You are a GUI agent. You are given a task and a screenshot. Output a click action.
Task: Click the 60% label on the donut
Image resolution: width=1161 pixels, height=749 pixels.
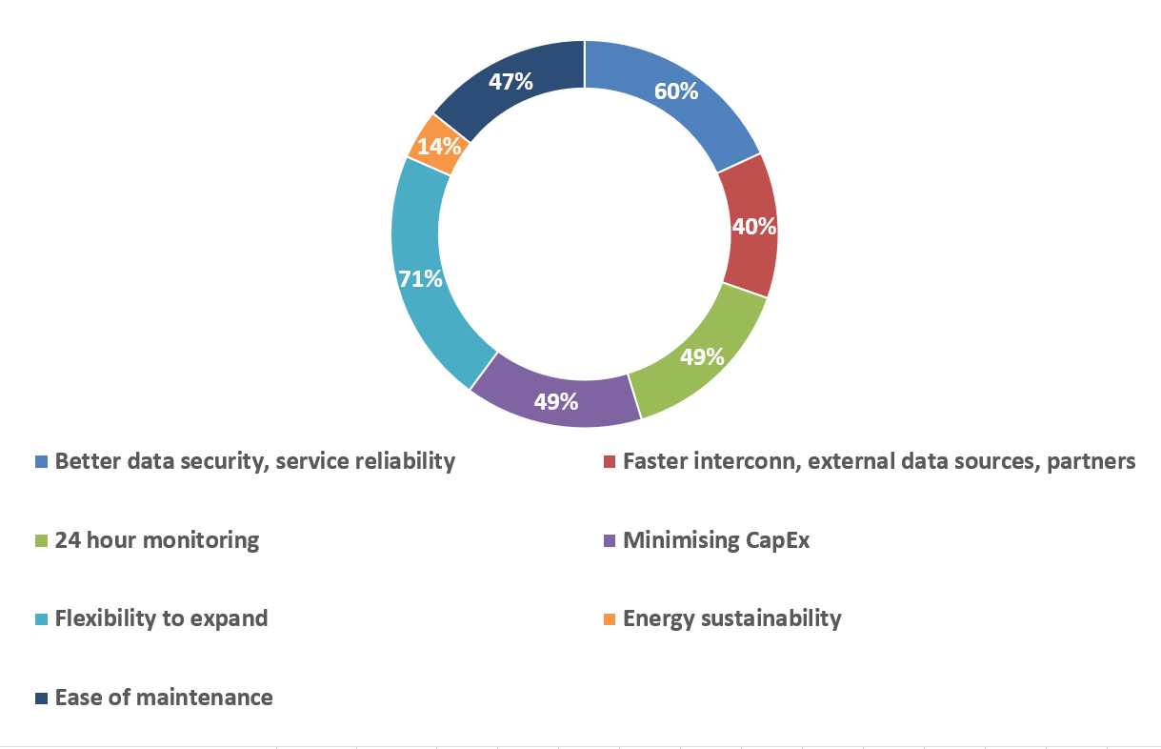676,91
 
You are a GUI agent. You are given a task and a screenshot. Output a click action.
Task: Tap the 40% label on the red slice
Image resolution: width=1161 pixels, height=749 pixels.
753,227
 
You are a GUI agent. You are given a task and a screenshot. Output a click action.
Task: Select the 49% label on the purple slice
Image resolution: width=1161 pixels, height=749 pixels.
556,401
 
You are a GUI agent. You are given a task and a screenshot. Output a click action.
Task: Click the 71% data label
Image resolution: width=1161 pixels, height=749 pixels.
420,279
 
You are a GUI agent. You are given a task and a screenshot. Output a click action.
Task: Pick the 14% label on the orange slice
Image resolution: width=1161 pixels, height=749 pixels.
439,147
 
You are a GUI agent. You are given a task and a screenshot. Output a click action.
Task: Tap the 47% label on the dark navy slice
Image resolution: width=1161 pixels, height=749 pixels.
510,81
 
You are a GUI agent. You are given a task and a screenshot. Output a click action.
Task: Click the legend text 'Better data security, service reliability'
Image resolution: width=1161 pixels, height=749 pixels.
255,461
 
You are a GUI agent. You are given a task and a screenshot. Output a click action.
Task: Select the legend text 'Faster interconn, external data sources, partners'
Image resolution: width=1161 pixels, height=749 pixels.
879,461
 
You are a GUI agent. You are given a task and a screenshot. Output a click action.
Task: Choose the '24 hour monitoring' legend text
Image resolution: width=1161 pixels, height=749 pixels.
157,540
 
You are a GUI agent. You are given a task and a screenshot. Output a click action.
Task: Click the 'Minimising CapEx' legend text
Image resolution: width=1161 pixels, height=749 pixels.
716,540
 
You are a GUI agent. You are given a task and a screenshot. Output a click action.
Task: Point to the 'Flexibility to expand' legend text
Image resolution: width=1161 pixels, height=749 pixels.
162,618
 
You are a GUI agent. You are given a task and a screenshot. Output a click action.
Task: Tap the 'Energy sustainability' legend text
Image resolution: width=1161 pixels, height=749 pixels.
732,618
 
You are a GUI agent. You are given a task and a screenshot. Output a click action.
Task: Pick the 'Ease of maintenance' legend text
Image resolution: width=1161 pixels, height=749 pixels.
164,698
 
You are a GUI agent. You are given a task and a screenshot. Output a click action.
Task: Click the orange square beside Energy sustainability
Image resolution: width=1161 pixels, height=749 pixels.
610,619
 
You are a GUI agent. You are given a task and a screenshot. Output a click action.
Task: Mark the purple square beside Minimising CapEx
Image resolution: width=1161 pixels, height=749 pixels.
610,541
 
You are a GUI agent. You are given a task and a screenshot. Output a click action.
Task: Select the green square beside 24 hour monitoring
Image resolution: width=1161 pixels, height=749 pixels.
41,541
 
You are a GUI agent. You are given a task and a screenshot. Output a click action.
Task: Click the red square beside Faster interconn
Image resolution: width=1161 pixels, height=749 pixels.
610,462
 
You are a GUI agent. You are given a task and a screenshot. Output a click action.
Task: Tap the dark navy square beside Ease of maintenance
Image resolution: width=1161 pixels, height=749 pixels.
41,698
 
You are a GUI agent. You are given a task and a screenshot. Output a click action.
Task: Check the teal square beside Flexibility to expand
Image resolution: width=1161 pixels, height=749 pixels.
41,619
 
